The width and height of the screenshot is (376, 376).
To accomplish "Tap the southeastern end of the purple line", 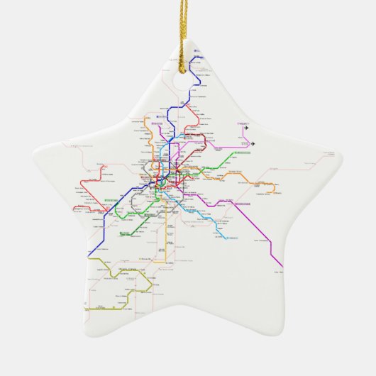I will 282,267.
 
